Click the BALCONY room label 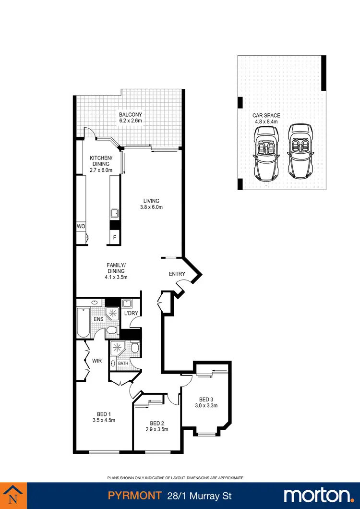pyautogui.click(x=131, y=115)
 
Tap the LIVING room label pyautogui.click(x=151, y=201)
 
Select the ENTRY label pyautogui.click(x=177, y=274)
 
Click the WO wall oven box pyautogui.click(x=80, y=226)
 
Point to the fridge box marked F pyautogui.click(x=114, y=237)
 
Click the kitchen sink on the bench pyautogui.click(x=115, y=214)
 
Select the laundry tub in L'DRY pyautogui.click(x=127, y=303)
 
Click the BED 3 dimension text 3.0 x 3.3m pyautogui.click(x=206, y=406)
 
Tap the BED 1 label pyautogui.click(x=104, y=414)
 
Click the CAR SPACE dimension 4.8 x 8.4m pyautogui.click(x=266, y=122)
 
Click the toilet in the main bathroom pyautogui.click(x=135, y=347)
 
